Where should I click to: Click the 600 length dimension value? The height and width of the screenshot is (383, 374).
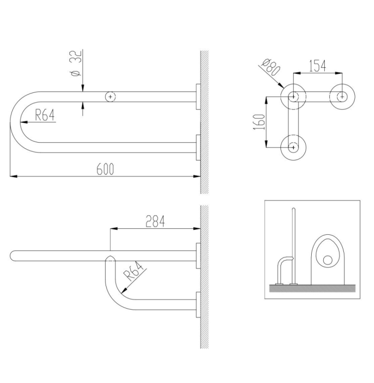105,169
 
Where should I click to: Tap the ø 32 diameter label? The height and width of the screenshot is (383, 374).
76,63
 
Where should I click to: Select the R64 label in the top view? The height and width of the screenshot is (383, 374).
45,115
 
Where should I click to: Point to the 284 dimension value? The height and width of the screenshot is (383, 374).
155,221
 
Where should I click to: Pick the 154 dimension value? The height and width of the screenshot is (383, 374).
318,66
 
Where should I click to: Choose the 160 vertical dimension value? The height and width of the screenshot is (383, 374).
259,122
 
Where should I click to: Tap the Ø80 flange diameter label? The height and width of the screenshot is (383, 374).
270,67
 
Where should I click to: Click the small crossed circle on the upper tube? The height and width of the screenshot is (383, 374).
111,97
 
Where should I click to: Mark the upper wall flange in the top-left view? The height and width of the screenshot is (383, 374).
198,97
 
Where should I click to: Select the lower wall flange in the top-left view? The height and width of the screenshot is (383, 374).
198,148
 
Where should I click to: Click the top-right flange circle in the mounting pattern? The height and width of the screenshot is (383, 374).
342,97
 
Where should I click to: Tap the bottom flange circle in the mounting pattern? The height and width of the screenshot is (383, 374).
294,148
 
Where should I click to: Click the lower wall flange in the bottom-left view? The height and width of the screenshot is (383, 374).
198,305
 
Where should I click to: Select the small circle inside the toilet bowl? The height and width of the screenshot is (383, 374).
327,260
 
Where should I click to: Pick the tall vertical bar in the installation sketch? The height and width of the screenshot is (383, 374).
294,246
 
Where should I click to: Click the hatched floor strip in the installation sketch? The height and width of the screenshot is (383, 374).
312,288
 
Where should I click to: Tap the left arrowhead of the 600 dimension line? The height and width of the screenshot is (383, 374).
14,176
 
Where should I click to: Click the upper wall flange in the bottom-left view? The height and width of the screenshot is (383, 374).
198,256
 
